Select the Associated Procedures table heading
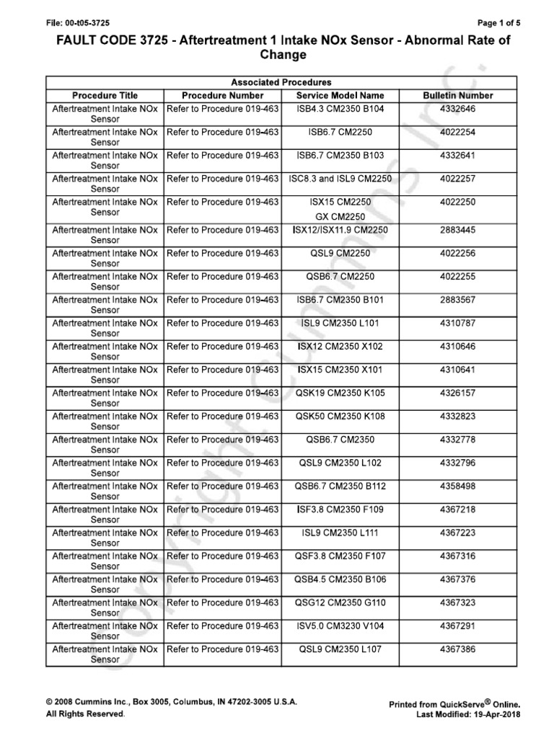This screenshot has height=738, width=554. click(281, 83)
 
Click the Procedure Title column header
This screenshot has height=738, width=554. click(105, 95)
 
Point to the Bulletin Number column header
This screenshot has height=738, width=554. click(457, 95)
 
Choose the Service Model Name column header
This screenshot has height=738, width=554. click(340, 95)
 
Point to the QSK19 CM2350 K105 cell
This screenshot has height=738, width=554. click(340, 393)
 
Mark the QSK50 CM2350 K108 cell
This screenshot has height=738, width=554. click(340, 417)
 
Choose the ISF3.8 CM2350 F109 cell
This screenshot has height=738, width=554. click(340, 510)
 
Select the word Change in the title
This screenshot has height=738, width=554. click(276, 55)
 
